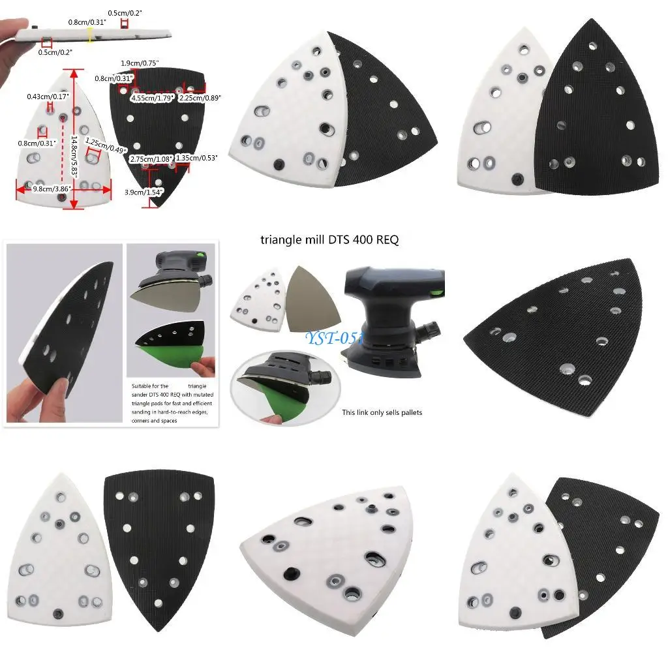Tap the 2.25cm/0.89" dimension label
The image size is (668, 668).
click(x=200, y=98)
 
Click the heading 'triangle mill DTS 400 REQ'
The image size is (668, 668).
click(x=329, y=240)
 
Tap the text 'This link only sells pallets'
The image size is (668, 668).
click(x=382, y=412)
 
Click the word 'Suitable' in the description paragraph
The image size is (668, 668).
click(x=142, y=386)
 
